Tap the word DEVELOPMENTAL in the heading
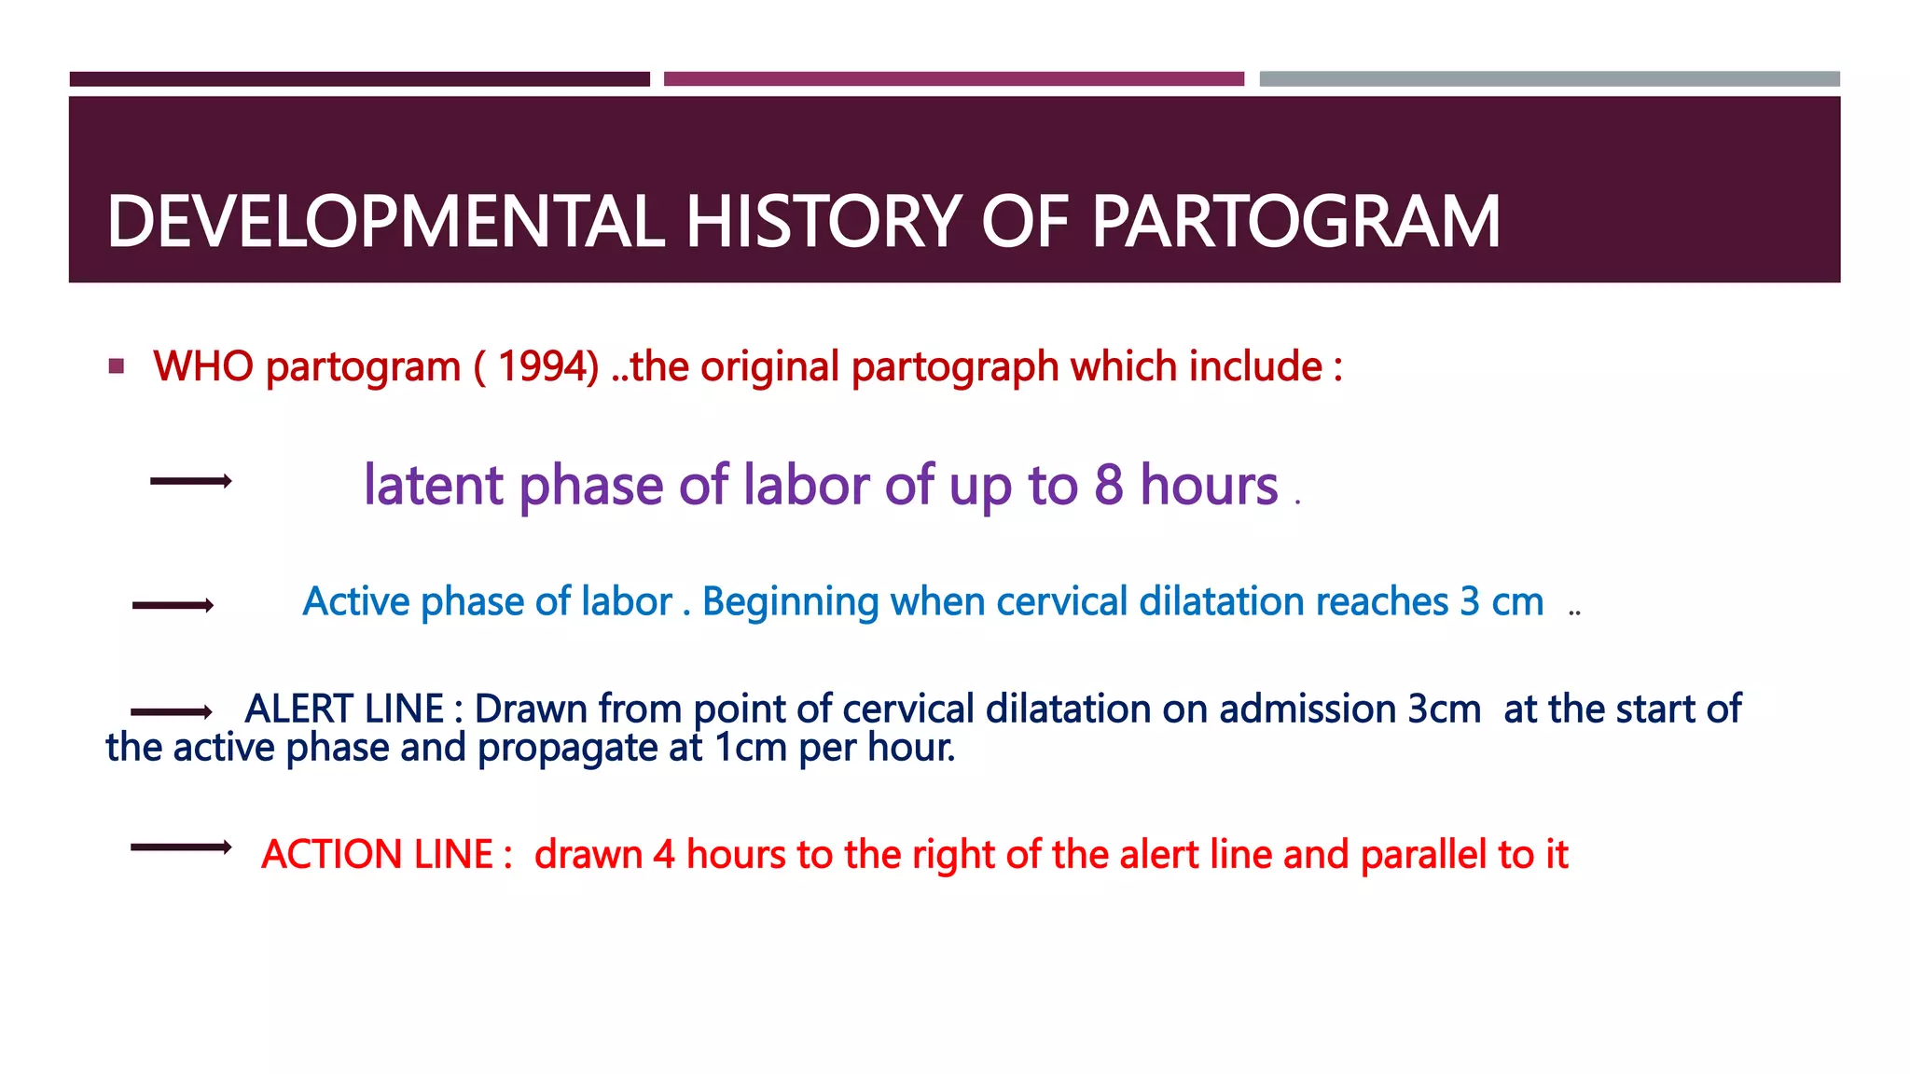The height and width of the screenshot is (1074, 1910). [x=385, y=222]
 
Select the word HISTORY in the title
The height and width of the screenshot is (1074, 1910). [x=823, y=222]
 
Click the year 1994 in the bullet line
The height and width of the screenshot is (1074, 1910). [x=547, y=366]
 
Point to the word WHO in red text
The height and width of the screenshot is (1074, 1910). [x=203, y=366]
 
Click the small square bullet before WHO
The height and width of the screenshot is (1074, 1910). [x=117, y=366]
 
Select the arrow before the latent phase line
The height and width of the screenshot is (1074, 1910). [x=190, y=481]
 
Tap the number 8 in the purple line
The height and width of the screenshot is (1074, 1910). [x=1108, y=485]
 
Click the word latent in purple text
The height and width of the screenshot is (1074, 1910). [x=434, y=485]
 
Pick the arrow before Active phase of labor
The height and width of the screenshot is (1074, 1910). [x=173, y=606]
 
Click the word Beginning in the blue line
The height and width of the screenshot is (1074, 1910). [x=790, y=602]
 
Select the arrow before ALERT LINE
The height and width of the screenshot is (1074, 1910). [x=172, y=712]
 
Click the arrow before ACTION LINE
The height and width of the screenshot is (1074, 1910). [x=181, y=847]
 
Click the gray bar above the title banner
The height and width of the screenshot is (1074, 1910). [x=1549, y=79]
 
